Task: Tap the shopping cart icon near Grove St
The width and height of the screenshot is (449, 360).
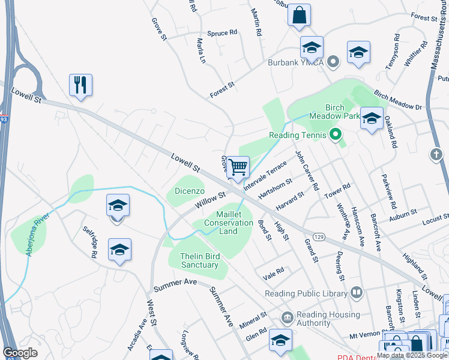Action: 238,167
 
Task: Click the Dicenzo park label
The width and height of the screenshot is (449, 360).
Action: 190,191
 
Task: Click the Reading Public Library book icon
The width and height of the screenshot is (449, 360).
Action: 357,293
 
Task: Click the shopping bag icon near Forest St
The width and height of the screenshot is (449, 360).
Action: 299,15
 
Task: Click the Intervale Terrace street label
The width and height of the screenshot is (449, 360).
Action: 265,175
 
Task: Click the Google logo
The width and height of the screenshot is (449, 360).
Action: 20,353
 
